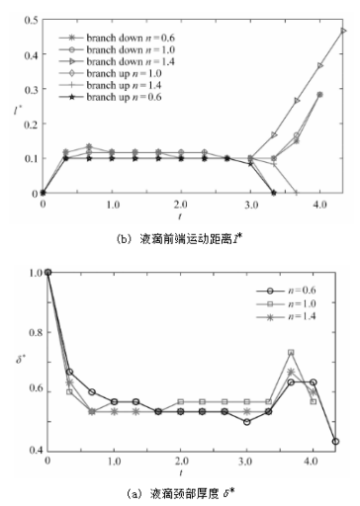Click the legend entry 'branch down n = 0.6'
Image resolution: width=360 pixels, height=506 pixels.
click(x=114, y=22)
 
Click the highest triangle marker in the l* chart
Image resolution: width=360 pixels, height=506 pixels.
click(x=343, y=31)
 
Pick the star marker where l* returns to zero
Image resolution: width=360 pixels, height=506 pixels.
click(x=274, y=193)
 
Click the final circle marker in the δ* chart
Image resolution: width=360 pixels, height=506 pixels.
click(x=336, y=441)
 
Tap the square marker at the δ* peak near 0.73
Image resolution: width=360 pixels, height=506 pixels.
click(x=291, y=353)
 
